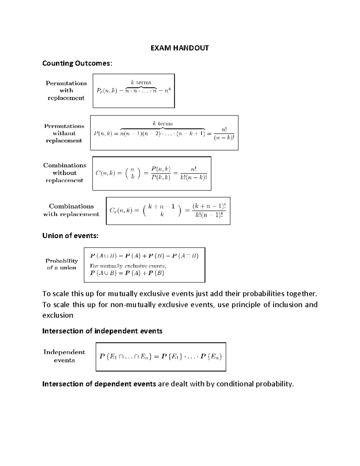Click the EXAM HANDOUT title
tap(179, 48)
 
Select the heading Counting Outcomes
tap(77, 63)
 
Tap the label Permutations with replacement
tap(66, 91)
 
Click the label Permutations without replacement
tap(64, 133)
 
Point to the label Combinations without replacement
tap(64, 173)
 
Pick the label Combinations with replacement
tap(71, 210)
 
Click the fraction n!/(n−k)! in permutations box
tap(224, 134)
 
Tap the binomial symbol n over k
tap(132, 173)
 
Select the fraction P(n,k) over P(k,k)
tap(161, 173)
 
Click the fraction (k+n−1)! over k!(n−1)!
tap(209, 211)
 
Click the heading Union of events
tap(70, 236)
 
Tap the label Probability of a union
tap(61, 264)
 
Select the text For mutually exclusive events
tap(128, 266)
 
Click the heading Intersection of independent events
tap(102, 331)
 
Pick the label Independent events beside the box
tap(64, 356)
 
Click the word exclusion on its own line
tap(58, 315)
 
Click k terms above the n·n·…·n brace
tap(141, 82)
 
